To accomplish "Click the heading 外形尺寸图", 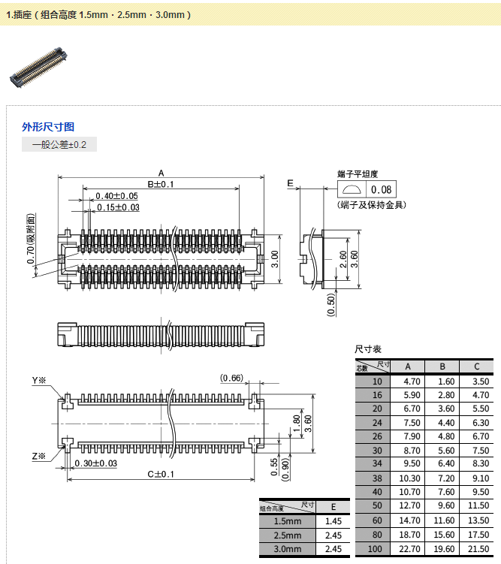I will pyautogui.click(x=48, y=127).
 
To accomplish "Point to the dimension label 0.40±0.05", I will pyautogui.click(x=116, y=196).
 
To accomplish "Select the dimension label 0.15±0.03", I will pyautogui.click(x=118, y=207).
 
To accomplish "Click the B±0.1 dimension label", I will pyautogui.click(x=160, y=184).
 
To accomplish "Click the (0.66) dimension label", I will pyautogui.click(x=231, y=378).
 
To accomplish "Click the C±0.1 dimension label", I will pyautogui.click(x=161, y=474).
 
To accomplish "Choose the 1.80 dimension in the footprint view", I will pyautogui.click(x=296, y=422).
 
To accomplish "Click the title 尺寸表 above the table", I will pyautogui.click(x=368, y=349).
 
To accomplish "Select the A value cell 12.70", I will pyautogui.click(x=408, y=505).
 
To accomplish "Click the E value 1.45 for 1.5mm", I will pyautogui.click(x=333, y=521).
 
